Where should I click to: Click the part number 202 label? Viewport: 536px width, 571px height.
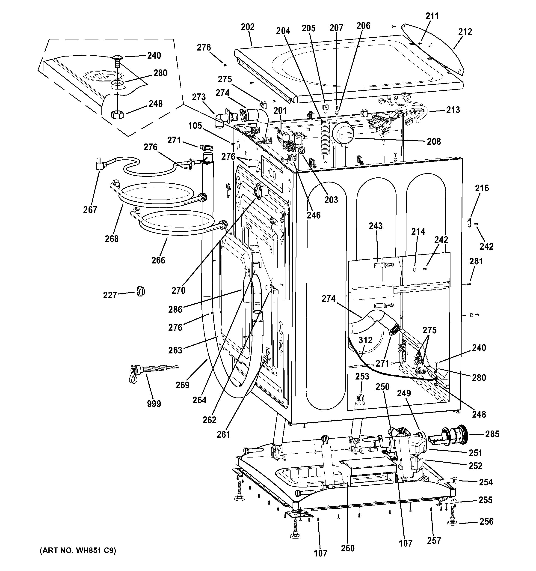[x=248, y=27]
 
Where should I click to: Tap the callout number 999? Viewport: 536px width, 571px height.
[x=154, y=404]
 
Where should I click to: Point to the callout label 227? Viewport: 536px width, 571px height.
[x=110, y=295]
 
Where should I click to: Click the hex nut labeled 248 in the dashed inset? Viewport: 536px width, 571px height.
[x=117, y=115]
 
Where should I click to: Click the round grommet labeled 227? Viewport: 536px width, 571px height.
[x=140, y=291]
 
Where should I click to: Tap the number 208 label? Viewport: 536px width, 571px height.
[x=434, y=142]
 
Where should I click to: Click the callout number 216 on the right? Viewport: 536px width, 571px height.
[x=482, y=188]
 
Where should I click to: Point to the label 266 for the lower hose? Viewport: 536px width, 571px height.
[x=158, y=260]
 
